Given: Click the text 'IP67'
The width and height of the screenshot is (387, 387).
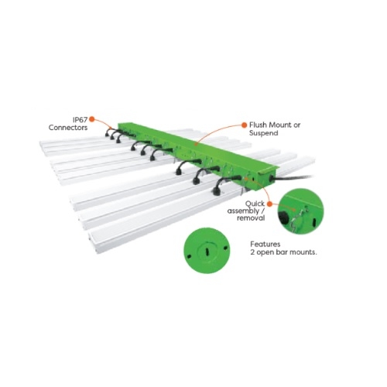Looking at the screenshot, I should (79, 120).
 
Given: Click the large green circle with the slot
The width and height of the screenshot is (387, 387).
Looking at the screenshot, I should (205, 251).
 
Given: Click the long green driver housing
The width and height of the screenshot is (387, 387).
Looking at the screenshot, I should (193, 151).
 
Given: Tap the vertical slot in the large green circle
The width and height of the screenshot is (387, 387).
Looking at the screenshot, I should (205, 249).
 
